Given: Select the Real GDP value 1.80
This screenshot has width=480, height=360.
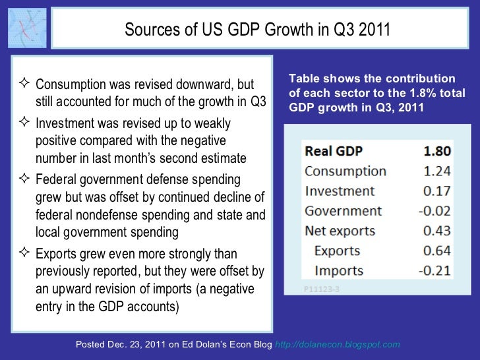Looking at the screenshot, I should (x=436, y=150).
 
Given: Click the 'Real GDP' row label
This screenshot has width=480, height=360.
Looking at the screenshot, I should (x=334, y=150).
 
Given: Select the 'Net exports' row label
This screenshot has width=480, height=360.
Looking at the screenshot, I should (x=340, y=231).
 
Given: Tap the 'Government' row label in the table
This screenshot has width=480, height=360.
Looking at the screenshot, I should (x=343, y=211).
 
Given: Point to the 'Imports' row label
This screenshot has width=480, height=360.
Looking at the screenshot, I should (x=339, y=270).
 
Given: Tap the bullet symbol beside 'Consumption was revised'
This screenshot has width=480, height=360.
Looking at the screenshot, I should (x=25, y=84).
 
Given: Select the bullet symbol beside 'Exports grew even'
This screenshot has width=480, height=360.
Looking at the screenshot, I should (x=25, y=254).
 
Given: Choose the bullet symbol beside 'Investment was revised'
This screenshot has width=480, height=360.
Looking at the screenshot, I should (x=25, y=123).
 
